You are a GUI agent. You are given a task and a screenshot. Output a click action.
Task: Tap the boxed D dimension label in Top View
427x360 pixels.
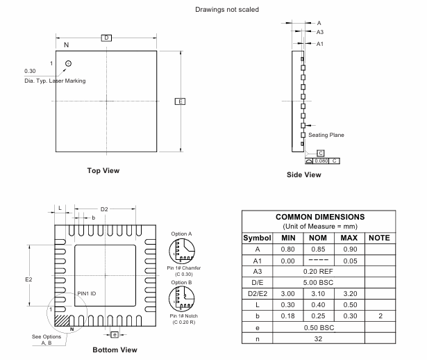point(106,37)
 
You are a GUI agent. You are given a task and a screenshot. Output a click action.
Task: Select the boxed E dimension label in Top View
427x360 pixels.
point(180,101)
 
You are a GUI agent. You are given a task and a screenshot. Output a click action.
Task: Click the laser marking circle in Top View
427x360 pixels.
point(68,64)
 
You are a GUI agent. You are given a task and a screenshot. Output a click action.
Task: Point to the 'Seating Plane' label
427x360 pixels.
point(326,134)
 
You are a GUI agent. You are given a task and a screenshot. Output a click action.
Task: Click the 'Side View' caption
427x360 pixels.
point(304,174)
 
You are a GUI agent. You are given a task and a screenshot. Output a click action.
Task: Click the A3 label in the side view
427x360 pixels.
point(320,32)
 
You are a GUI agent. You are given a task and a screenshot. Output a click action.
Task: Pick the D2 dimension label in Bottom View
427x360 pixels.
point(105,208)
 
